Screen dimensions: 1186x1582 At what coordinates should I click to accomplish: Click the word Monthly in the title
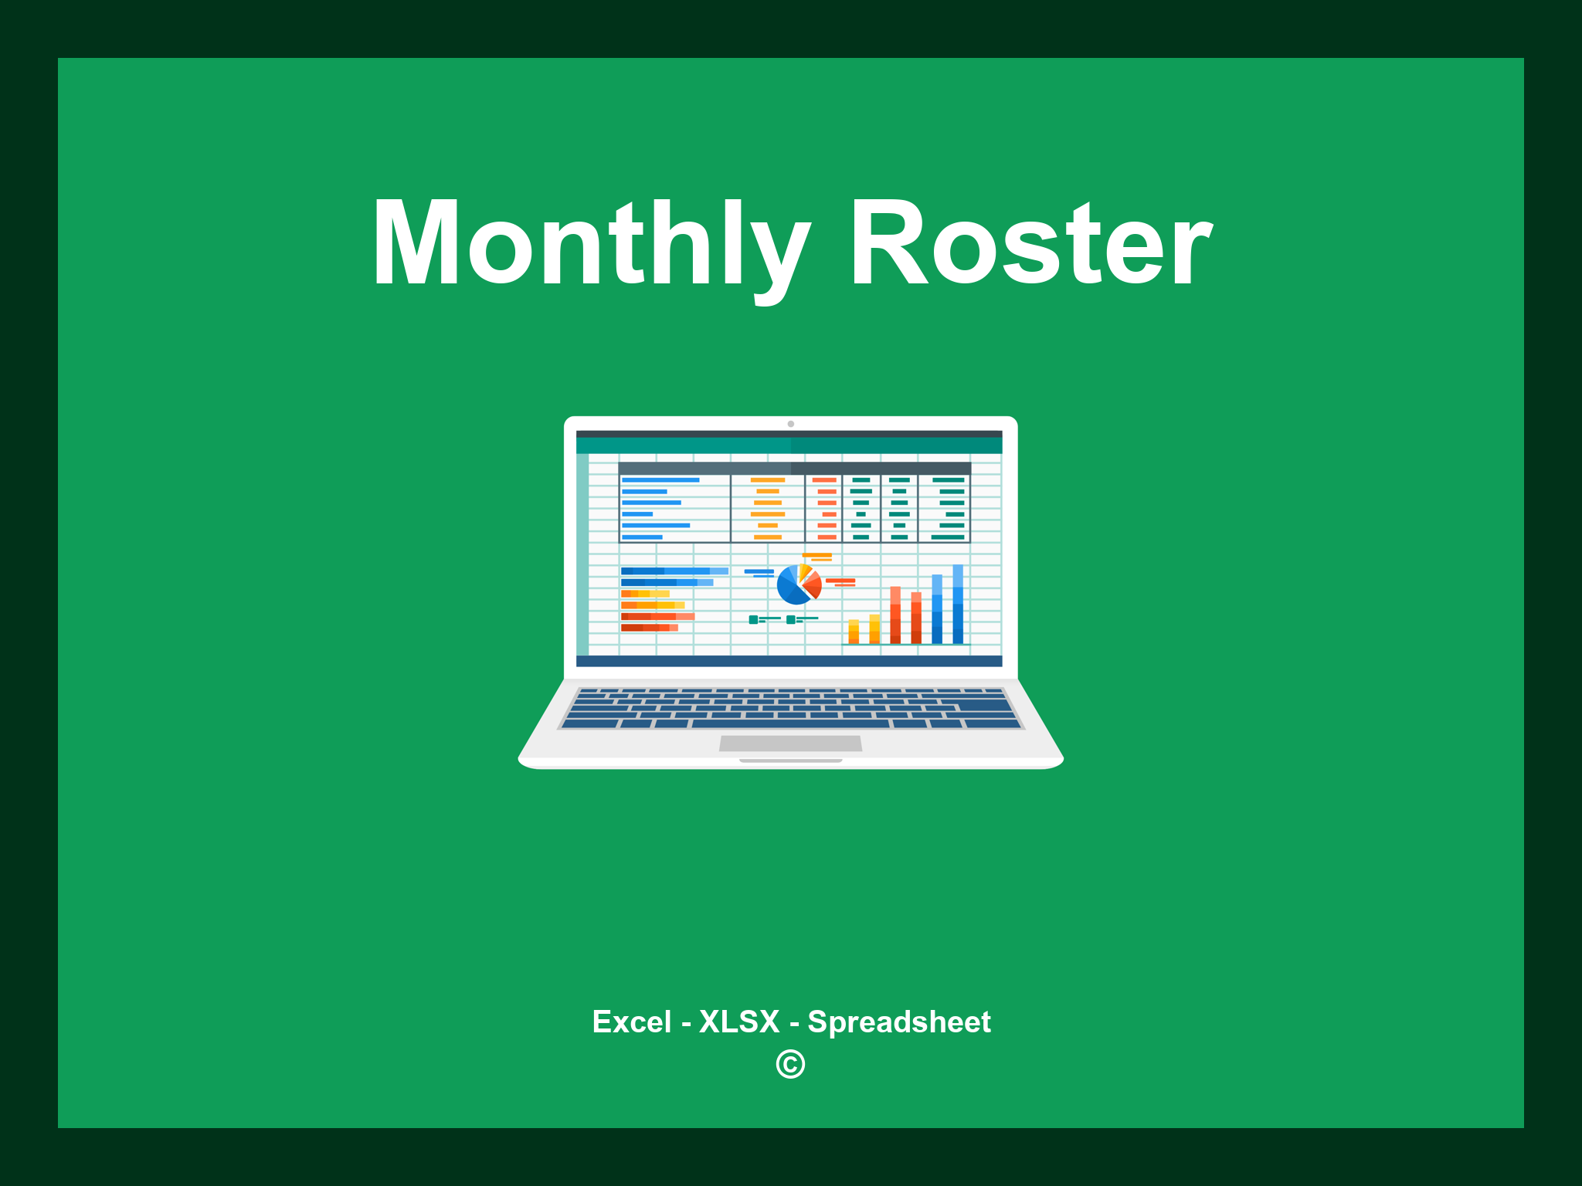(591, 243)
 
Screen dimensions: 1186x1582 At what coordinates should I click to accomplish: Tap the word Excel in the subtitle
(631, 1022)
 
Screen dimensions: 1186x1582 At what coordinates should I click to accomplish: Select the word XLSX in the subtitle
(739, 1022)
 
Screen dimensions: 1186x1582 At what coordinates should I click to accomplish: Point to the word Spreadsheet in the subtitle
(898, 1022)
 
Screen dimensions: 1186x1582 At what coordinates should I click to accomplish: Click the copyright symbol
(790, 1065)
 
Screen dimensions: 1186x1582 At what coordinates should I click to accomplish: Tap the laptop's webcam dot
(790, 424)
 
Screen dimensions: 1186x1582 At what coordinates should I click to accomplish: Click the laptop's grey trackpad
(790, 744)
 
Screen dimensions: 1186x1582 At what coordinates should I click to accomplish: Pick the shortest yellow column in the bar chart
(854, 632)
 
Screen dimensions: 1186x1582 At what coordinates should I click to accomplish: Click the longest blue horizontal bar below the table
(674, 571)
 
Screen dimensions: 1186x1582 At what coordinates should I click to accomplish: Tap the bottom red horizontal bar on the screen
(649, 628)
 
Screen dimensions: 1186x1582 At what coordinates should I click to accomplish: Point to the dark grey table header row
(794, 469)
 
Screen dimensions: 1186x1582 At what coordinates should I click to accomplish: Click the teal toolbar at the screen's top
(789, 446)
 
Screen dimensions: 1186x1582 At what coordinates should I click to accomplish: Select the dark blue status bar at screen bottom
(789, 661)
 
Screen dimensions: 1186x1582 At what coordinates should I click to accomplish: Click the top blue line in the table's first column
(660, 480)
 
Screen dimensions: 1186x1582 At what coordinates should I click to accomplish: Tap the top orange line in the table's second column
(768, 480)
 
